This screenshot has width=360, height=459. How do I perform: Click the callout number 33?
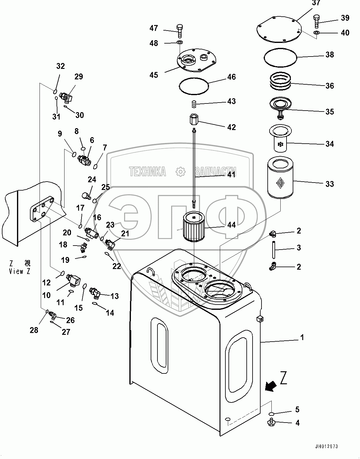click(x=330, y=184)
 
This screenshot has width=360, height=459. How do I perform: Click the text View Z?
click(x=20, y=272)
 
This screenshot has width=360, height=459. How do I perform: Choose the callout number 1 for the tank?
click(x=302, y=338)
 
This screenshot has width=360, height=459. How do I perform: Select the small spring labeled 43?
click(x=194, y=105)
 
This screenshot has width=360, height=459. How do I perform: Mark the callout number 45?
click(x=154, y=75)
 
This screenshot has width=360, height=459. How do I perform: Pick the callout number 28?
click(x=34, y=330)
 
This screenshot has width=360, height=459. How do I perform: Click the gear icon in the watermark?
click(x=180, y=171)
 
